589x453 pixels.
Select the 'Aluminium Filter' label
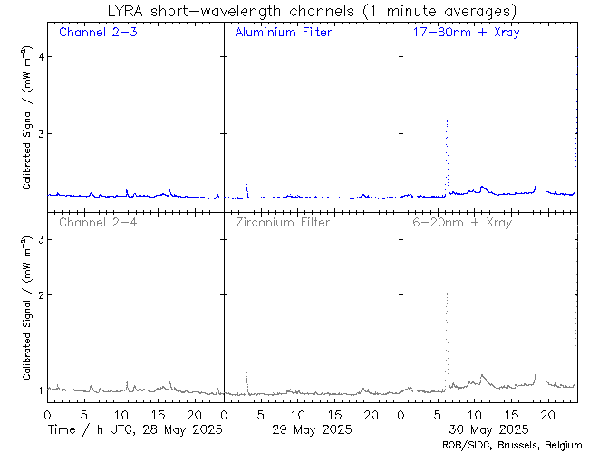283,33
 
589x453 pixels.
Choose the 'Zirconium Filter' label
283,222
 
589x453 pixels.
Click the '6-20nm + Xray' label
461,222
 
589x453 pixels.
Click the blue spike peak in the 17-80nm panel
447,120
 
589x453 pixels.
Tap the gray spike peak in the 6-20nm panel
447,294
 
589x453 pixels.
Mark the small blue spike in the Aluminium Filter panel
246,185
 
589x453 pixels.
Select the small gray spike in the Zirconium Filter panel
246,374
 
